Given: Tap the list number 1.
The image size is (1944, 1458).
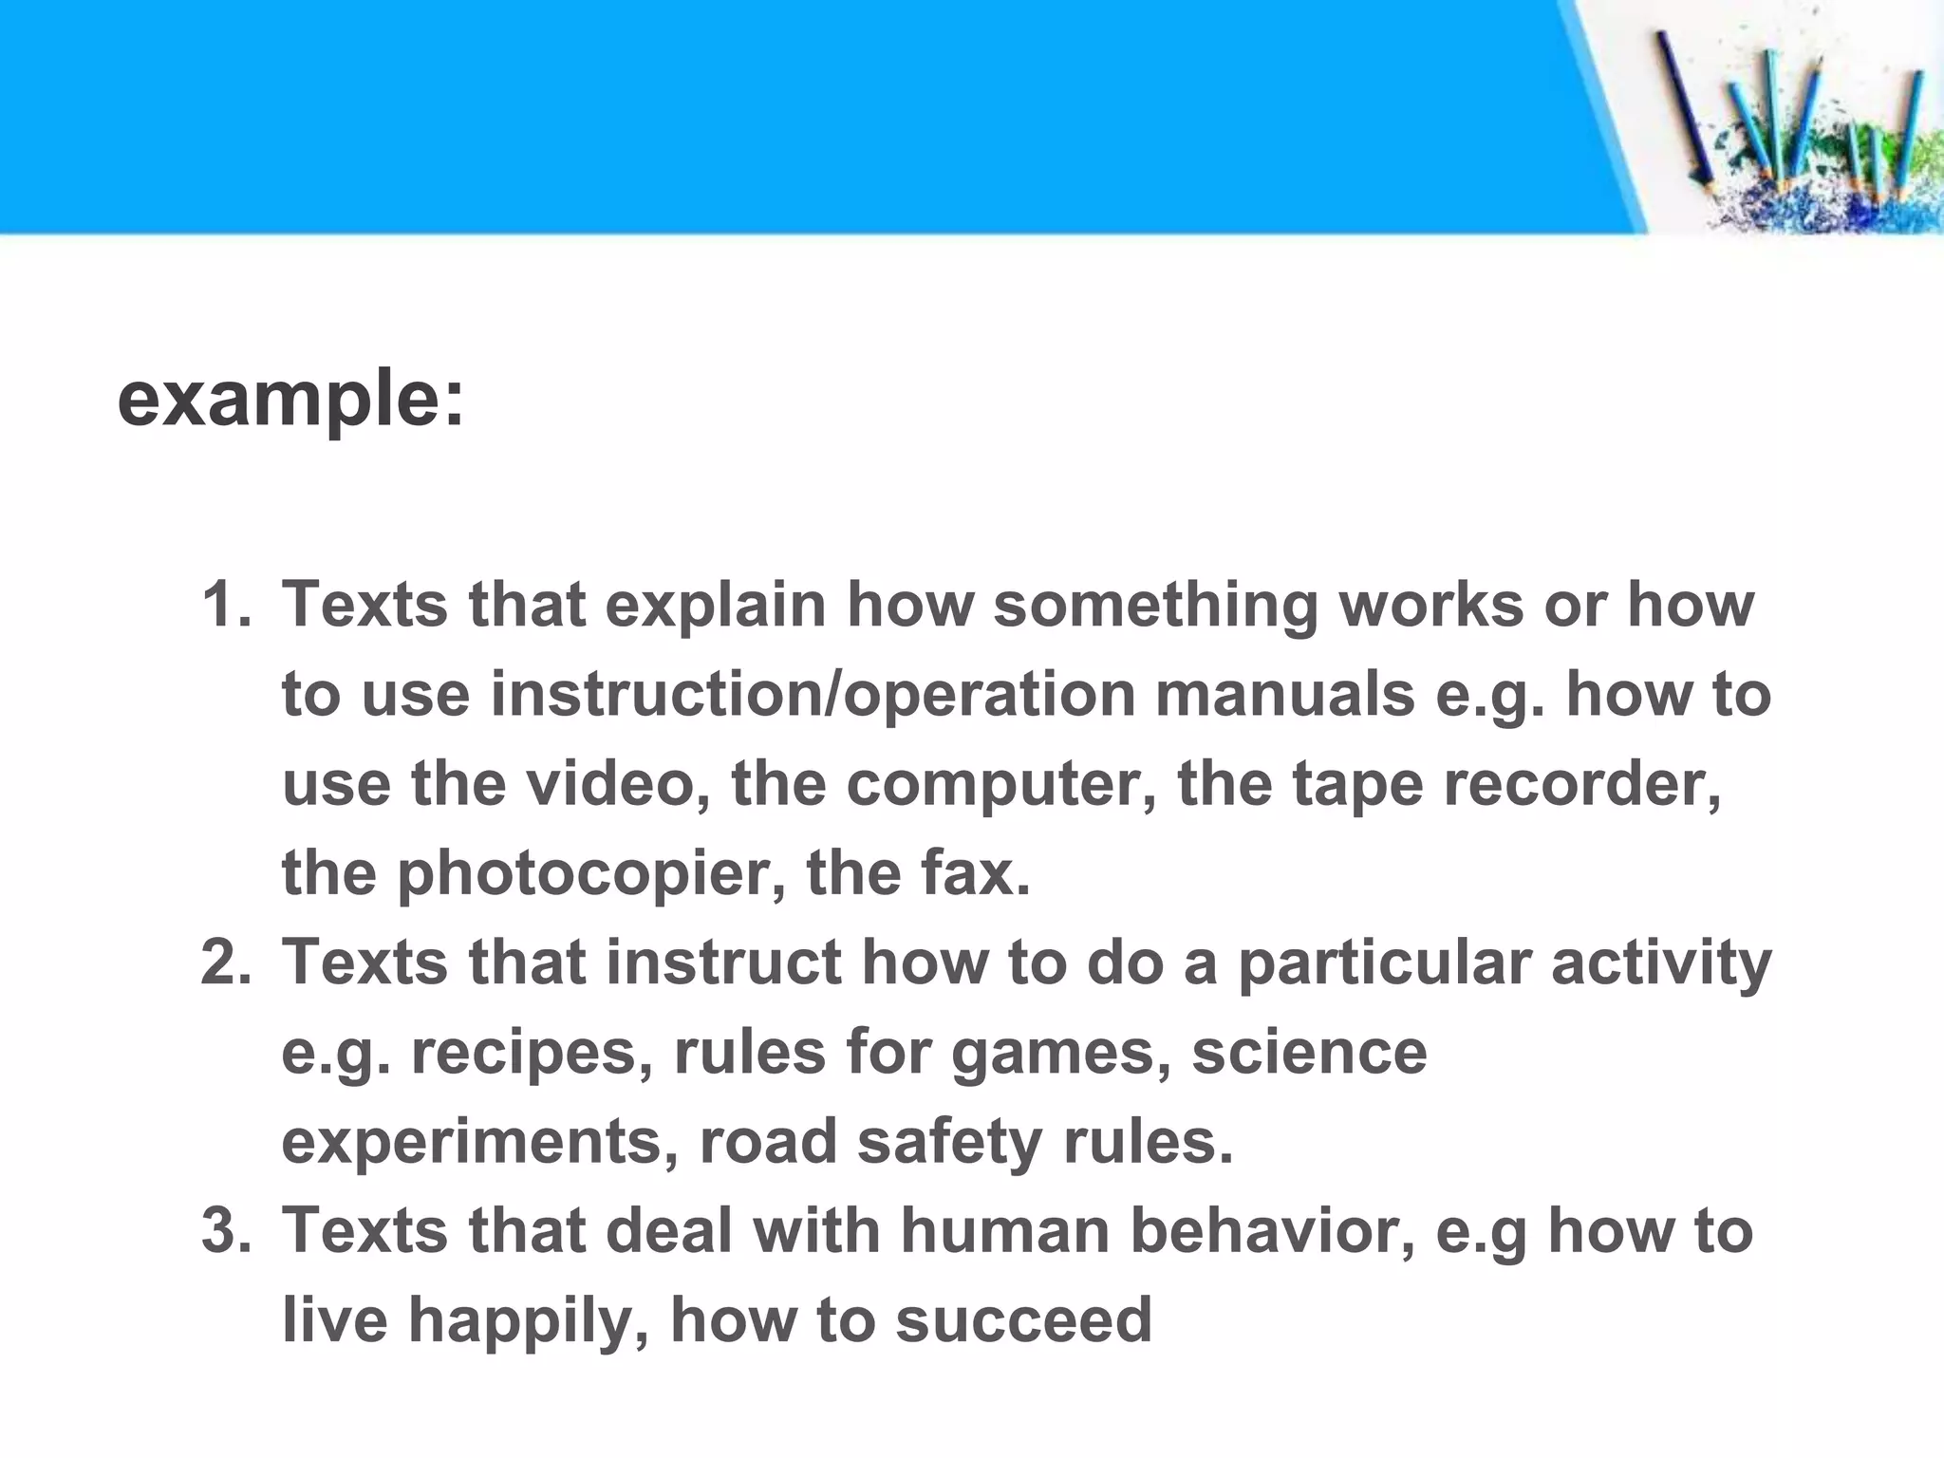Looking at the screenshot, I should (225, 605).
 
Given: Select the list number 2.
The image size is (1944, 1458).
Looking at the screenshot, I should (225, 962).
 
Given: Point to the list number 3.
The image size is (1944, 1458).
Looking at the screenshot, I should (225, 1230).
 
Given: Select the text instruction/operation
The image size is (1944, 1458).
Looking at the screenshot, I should (813, 694).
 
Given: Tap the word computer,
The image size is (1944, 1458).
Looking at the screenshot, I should (1001, 786).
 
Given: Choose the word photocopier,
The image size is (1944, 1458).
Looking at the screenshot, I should (591, 875).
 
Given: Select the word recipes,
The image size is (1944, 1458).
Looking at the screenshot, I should (532, 1054).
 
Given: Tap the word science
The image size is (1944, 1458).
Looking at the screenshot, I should (1309, 1052).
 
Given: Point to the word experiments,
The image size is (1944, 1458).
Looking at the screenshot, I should (480, 1143).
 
